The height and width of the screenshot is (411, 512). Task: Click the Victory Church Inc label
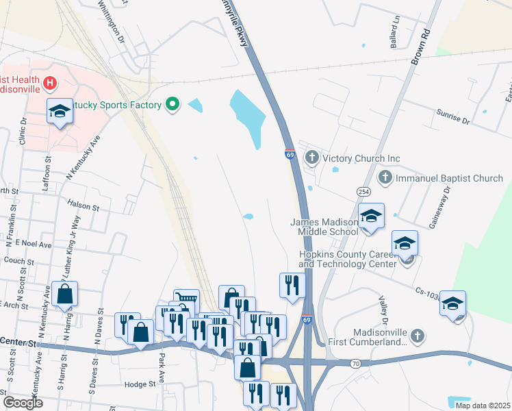pyautogui.click(x=361, y=158)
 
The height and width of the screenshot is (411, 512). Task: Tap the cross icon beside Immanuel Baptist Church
pyautogui.click(x=385, y=178)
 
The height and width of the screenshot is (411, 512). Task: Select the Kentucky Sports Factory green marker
pyautogui.click(x=172, y=105)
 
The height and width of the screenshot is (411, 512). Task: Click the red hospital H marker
pyautogui.click(x=49, y=84)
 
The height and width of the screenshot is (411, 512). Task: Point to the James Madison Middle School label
pyautogui.click(x=324, y=227)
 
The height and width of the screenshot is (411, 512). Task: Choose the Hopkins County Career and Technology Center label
pyautogui.click(x=347, y=259)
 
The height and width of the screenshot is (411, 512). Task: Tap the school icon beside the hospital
pyautogui.click(x=60, y=112)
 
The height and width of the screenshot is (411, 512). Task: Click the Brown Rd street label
pyautogui.click(x=420, y=48)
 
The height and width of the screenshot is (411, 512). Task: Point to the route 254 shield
pyautogui.click(x=363, y=189)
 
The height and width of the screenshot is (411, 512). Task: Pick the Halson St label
pyautogui.click(x=84, y=204)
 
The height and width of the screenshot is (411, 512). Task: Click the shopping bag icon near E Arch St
pyautogui.click(x=64, y=294)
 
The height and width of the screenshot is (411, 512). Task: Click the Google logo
pyautogui.click(x=23, y=403)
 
